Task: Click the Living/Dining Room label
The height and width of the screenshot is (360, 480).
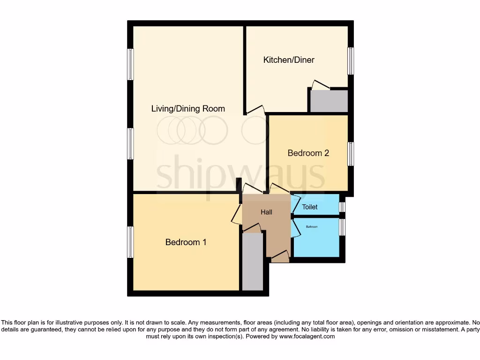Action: point(188,109)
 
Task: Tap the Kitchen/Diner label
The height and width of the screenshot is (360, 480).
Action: point(289,60)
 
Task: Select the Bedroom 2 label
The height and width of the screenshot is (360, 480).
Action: point(308,153)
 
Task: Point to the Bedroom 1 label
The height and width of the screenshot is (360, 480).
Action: point(186,242)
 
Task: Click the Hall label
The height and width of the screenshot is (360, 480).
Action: point(266,212)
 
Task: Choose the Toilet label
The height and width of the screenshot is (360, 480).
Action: point(309,207)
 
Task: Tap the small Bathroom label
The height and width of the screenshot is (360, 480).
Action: point(312,227)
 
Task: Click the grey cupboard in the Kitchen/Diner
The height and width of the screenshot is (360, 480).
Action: point(329,101)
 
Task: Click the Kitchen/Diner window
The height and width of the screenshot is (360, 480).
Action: point(350,61)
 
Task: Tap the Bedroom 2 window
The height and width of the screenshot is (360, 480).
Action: point(350,154)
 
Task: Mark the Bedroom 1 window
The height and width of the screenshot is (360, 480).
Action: point(130,242)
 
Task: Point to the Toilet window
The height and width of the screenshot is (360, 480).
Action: point(342,207)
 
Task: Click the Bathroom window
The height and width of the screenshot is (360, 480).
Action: point(342,227)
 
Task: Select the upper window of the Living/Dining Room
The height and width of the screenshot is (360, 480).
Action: point(130,64)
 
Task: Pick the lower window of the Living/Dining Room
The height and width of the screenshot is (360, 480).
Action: point(130,143)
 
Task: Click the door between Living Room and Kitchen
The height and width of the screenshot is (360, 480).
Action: point(255,110)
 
